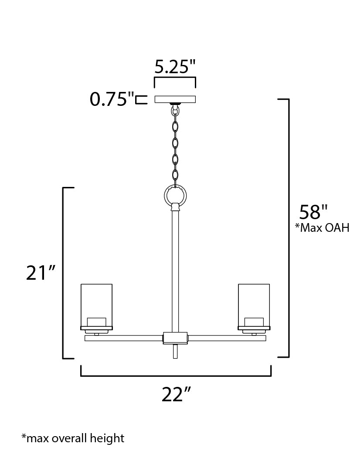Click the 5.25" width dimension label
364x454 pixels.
(175, 67)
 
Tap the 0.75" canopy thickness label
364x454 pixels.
(112, 99)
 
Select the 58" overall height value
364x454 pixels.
(313, 212)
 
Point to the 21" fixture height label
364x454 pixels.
(41, 273)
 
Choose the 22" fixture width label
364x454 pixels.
(176, 395)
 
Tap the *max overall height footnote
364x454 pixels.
(73, 438)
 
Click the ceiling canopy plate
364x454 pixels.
(175, 99)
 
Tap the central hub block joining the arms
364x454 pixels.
(175, 338)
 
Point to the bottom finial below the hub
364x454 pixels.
(175, 351)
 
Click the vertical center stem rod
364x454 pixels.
(175, 270)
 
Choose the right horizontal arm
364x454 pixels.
(227, 338)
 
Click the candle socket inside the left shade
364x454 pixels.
(96, 322)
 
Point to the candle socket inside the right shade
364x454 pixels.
(254, 322)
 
